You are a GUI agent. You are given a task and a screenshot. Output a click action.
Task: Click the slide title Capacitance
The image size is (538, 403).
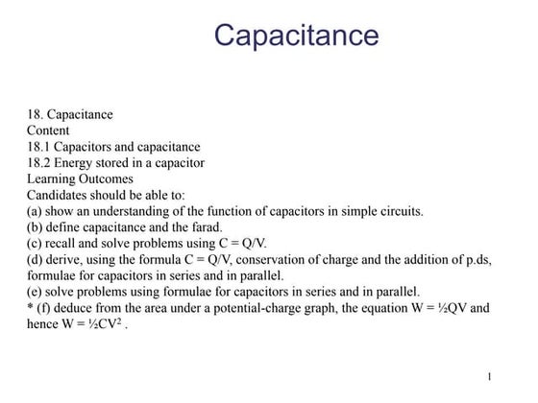pos(296,36)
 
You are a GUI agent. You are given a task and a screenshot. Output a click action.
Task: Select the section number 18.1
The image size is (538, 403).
pos(38,147)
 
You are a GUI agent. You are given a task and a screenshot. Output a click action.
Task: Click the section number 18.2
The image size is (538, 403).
pos(38,163)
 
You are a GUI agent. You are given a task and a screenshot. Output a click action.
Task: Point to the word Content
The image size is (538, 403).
pos(48,130)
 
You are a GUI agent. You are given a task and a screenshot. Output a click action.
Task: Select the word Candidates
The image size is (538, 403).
pos(58,194)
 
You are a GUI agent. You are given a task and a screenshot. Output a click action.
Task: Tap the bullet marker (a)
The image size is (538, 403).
pos(35,210)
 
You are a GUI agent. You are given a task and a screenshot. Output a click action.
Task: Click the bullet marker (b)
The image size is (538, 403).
pos(35,226)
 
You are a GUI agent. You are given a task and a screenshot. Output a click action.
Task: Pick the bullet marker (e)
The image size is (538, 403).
pos(35,291)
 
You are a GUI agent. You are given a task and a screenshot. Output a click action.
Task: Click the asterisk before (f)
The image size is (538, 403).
pos(30,307)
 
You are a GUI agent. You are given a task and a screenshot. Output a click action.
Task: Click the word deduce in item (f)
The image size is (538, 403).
pos(72,307)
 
